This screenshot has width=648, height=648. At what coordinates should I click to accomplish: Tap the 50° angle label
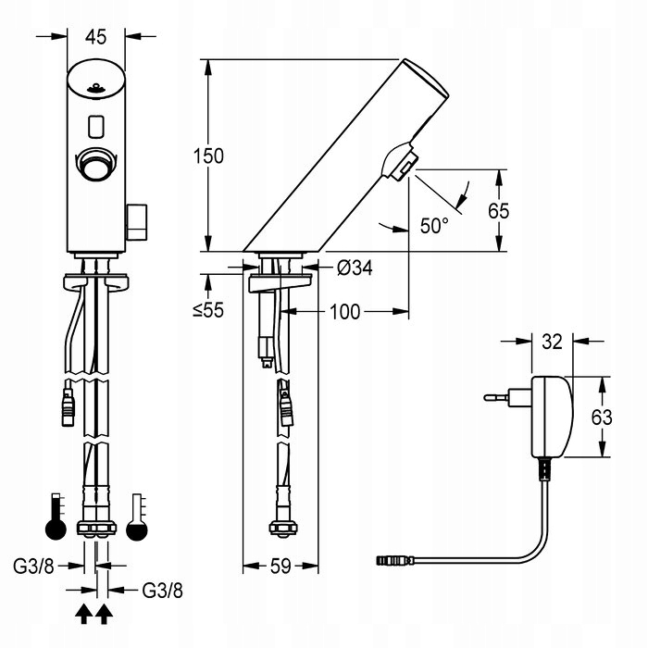point(433,225)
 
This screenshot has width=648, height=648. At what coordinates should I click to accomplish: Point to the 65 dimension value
point(498,210)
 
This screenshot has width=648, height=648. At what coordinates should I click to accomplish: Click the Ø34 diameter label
point(355,268)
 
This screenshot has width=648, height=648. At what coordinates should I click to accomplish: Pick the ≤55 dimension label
point(208,311)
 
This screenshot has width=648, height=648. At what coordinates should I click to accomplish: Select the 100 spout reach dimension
point(344,312)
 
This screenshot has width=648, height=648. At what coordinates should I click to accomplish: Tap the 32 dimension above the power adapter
point(552,342)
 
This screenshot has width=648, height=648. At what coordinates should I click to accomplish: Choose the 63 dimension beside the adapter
point(602,417)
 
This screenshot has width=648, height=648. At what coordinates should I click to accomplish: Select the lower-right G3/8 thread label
point(161,589)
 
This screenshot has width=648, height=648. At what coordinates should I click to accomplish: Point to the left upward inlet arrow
point(84,612)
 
